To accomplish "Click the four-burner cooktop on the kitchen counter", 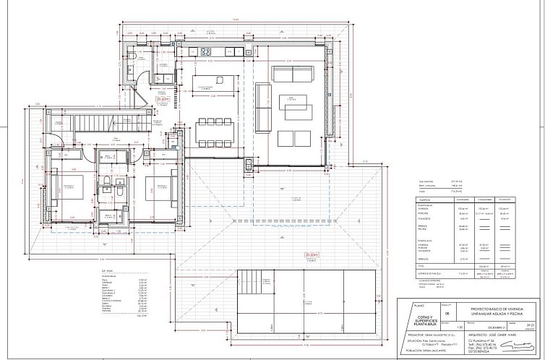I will click(x=205, y=51).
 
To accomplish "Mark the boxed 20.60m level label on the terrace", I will click(x=312, y=254).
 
